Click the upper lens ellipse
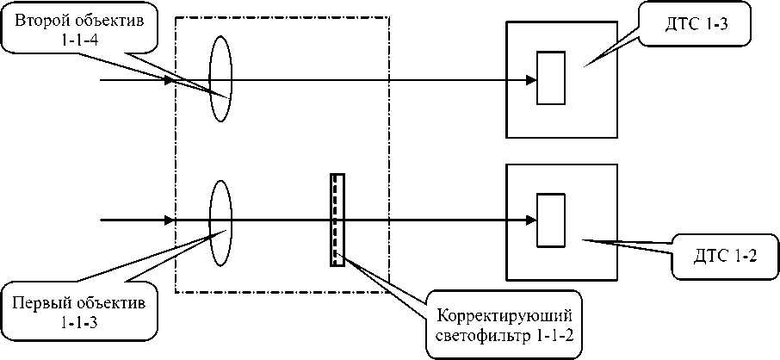220,79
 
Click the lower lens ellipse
220,220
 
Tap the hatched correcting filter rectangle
337,220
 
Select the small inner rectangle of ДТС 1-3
549,79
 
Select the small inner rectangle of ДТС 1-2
549,220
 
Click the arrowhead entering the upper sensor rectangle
531,79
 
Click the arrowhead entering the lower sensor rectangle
531,220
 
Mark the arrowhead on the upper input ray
169,79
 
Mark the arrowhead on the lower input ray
169,220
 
